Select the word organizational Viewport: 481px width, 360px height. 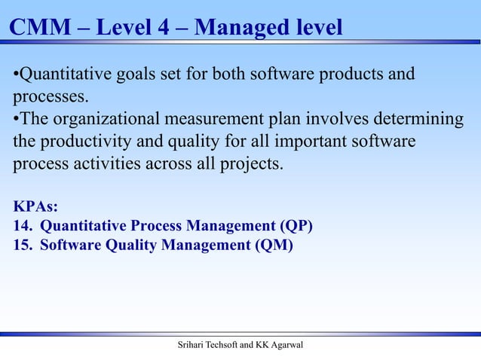click(103, 121)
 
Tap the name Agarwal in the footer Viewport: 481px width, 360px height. click(291, 346)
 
